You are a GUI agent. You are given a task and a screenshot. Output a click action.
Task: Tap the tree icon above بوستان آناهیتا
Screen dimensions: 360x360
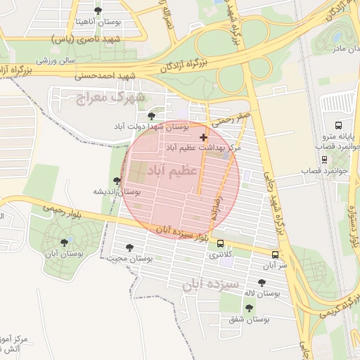(97, 11)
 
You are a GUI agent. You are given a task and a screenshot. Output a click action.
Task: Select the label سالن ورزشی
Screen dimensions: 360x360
(56, 60)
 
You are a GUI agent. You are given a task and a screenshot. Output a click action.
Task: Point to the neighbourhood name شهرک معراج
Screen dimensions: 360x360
(110, 96)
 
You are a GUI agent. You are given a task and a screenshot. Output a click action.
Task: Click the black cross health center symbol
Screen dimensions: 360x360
(204, 136)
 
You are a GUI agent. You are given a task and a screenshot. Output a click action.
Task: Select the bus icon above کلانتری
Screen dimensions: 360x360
(221, 244)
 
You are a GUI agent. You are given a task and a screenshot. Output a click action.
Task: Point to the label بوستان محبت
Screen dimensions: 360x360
(129, 258)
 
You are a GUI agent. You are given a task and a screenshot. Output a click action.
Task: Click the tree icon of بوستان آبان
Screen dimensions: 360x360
(65, 242)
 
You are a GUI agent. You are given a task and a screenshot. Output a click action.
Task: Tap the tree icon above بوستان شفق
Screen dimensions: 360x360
(249, 307)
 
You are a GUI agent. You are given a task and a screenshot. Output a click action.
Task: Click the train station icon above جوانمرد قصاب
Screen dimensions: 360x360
(323, 159)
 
